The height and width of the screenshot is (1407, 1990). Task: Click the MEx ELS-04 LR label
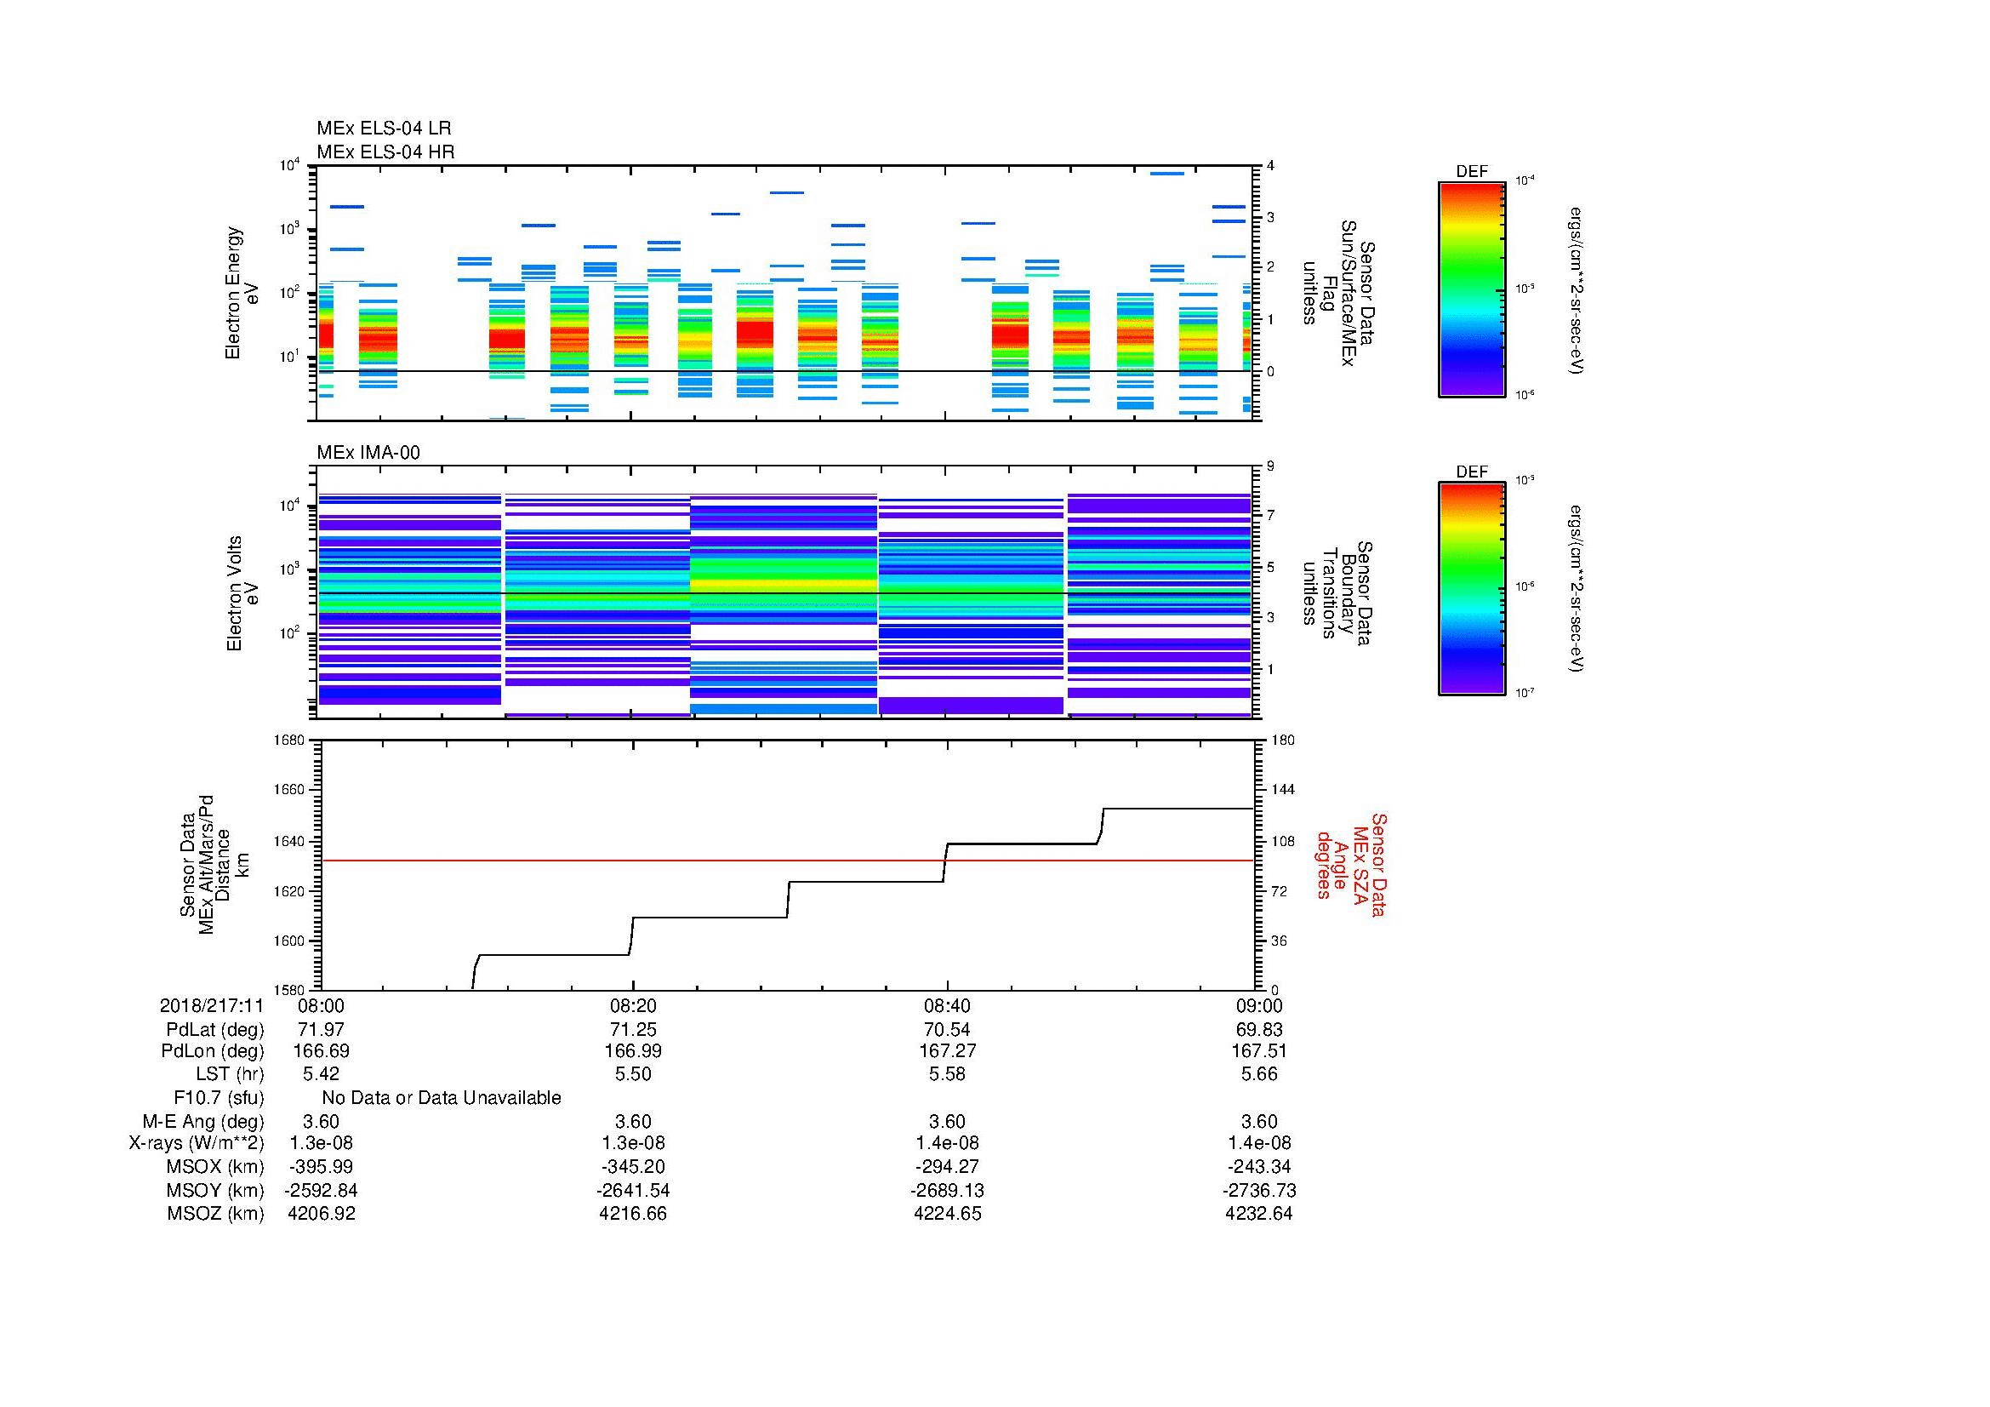pos(384,129)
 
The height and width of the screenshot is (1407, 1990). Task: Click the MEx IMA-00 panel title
pos(368,453)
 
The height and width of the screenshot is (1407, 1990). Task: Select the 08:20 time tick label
pos(633,1005)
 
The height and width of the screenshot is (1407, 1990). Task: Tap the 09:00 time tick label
pos(1258,1005)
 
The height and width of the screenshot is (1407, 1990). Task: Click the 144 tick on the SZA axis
pos(1282,790)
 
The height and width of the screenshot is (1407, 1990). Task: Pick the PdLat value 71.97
pos(321,1030)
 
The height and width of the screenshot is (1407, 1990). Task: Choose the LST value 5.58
pos(946,1074)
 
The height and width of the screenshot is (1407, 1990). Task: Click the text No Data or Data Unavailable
pos(442,1098)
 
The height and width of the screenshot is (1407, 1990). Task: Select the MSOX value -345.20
pos(633,1167)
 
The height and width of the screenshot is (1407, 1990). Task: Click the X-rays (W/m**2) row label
pos(197,1143)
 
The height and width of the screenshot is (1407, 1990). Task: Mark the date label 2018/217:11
pos(212,1005)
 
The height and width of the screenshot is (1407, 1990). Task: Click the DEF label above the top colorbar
pos(1472,172)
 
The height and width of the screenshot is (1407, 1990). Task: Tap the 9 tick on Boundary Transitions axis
pos(1270,466)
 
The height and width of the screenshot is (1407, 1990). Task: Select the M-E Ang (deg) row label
pos(203,1121)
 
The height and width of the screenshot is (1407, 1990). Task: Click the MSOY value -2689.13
pos(946,1190)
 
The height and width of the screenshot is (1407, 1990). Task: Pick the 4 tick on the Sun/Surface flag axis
pos(1270,166)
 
